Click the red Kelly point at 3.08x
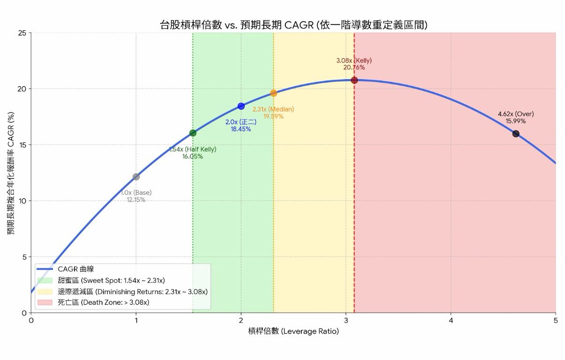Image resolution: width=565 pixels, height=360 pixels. point(354,80)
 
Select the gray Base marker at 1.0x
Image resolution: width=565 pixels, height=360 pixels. point(136,177)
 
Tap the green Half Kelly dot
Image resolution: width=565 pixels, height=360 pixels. point(193,133)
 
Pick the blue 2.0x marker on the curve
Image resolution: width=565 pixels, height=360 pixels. point(241,106)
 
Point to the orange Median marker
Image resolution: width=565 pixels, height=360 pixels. point(274,93)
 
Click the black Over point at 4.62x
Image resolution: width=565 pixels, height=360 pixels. point(516,134)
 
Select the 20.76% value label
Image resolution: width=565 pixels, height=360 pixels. point(354,67)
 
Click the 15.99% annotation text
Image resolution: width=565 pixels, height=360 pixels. point(515,121)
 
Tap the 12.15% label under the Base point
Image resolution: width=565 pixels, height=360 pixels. point(136,200)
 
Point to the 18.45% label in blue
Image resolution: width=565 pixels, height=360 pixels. point(241,129)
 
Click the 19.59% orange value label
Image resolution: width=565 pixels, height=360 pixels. point(273,116)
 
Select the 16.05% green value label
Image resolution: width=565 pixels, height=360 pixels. point(193,157)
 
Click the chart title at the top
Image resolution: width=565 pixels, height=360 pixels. point(293,25)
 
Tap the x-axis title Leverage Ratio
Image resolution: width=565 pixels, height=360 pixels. point(293,331)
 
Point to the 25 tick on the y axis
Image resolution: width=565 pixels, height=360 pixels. point(22,33)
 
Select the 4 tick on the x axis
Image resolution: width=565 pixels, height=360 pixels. point(451,321)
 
